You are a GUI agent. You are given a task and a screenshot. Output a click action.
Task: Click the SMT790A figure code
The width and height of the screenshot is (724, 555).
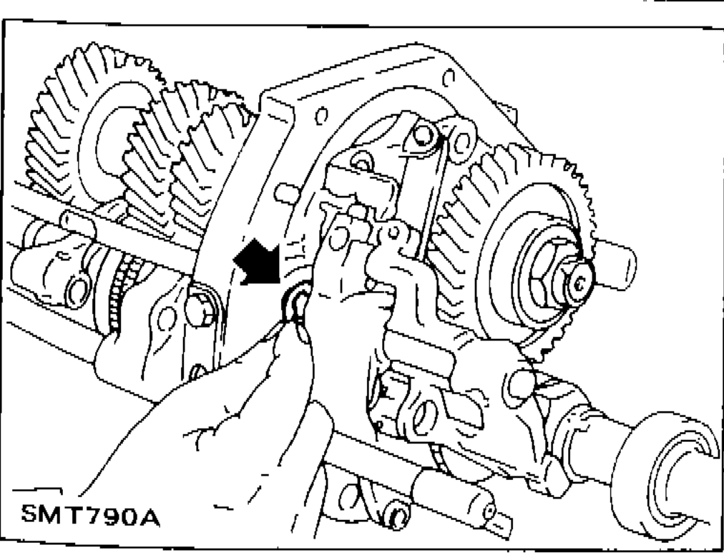tap(90, 515)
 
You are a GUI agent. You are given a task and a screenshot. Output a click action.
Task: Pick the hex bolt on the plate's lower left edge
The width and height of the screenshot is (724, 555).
tap(201, 308)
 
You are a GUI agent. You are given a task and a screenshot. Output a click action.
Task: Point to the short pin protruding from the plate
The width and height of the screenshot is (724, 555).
tap(287, 193)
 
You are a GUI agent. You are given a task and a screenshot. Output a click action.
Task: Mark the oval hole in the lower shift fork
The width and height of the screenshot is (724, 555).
tap(425, 418)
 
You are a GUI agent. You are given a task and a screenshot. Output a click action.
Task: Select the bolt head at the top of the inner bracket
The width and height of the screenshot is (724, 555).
tap(424, 135)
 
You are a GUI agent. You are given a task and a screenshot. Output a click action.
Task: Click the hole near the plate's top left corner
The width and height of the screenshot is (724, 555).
tap(322, 115)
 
